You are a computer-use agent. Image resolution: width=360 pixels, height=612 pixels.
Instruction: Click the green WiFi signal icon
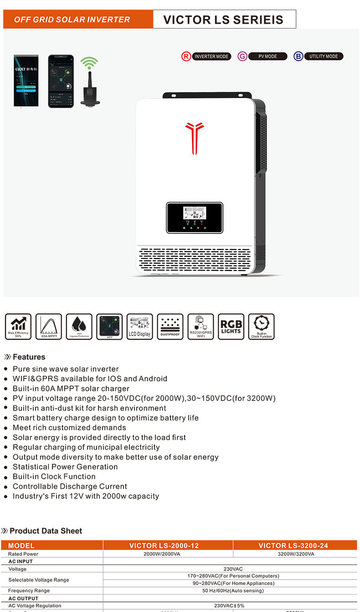89,62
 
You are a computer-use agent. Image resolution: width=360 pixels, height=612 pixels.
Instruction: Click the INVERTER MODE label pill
211,57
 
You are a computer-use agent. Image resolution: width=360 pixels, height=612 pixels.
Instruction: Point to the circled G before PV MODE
242,57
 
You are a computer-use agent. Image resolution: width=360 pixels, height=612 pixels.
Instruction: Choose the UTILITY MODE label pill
324,57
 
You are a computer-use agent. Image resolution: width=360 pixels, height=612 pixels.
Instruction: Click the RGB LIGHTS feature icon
231,327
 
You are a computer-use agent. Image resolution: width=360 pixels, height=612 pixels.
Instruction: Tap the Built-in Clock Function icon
262,327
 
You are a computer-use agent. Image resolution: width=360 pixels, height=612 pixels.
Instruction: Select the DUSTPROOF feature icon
170,327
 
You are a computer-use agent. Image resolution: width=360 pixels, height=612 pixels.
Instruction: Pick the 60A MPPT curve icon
48,327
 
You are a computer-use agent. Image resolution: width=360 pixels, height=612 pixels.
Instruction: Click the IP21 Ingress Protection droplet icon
79,327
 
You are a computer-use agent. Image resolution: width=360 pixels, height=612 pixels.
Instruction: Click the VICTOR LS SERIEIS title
223,20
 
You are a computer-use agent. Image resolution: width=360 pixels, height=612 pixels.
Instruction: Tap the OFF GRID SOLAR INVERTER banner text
72,20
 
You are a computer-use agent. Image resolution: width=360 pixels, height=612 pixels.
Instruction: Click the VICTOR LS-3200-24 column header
293,545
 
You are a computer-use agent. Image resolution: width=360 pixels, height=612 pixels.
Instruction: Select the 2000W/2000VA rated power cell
168,554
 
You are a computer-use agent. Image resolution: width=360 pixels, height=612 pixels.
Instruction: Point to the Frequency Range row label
29,591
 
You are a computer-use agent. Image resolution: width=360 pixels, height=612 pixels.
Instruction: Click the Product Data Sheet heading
46,531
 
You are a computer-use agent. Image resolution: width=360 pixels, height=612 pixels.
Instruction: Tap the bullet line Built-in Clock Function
54,477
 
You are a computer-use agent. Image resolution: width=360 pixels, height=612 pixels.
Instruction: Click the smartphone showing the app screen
61,81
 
